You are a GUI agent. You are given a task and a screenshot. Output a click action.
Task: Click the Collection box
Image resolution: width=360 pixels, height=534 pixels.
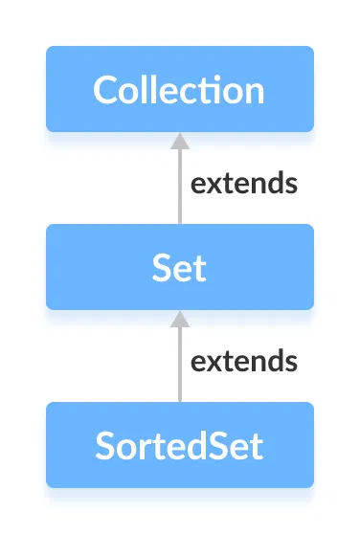pos(179,89)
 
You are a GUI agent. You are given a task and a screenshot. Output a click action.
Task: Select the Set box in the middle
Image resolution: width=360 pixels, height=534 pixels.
pos(179,267)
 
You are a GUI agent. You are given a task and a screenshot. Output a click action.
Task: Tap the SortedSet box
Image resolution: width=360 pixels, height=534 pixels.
pos(179,445)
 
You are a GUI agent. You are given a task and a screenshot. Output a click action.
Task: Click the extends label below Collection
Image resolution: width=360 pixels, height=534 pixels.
pos(243,183)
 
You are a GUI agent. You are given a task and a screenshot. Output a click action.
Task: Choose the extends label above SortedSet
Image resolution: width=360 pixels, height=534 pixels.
pos(243,361)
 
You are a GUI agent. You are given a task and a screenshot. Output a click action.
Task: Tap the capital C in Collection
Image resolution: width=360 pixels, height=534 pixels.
pos(105,90)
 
